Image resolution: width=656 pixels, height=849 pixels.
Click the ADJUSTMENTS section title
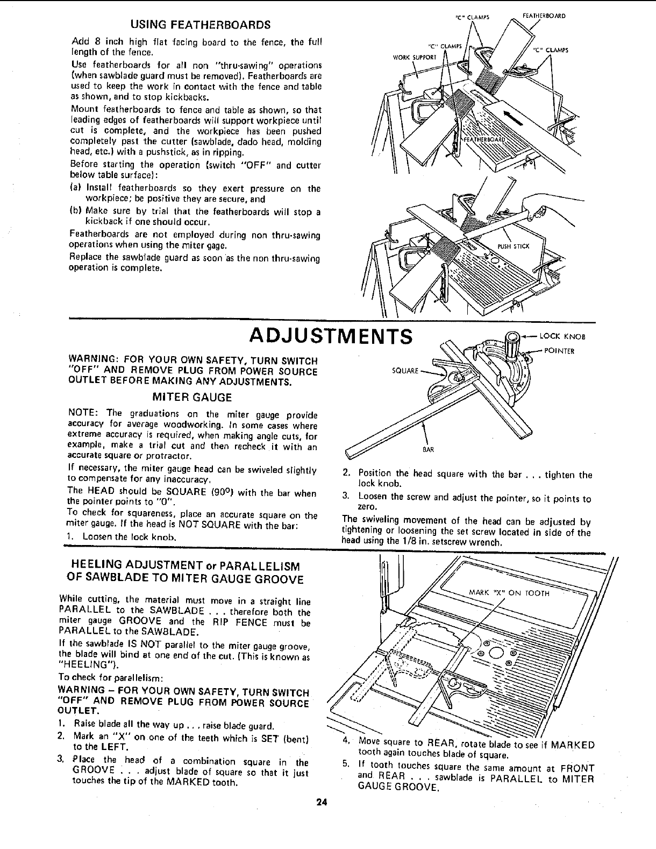(x=331, y=337)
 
